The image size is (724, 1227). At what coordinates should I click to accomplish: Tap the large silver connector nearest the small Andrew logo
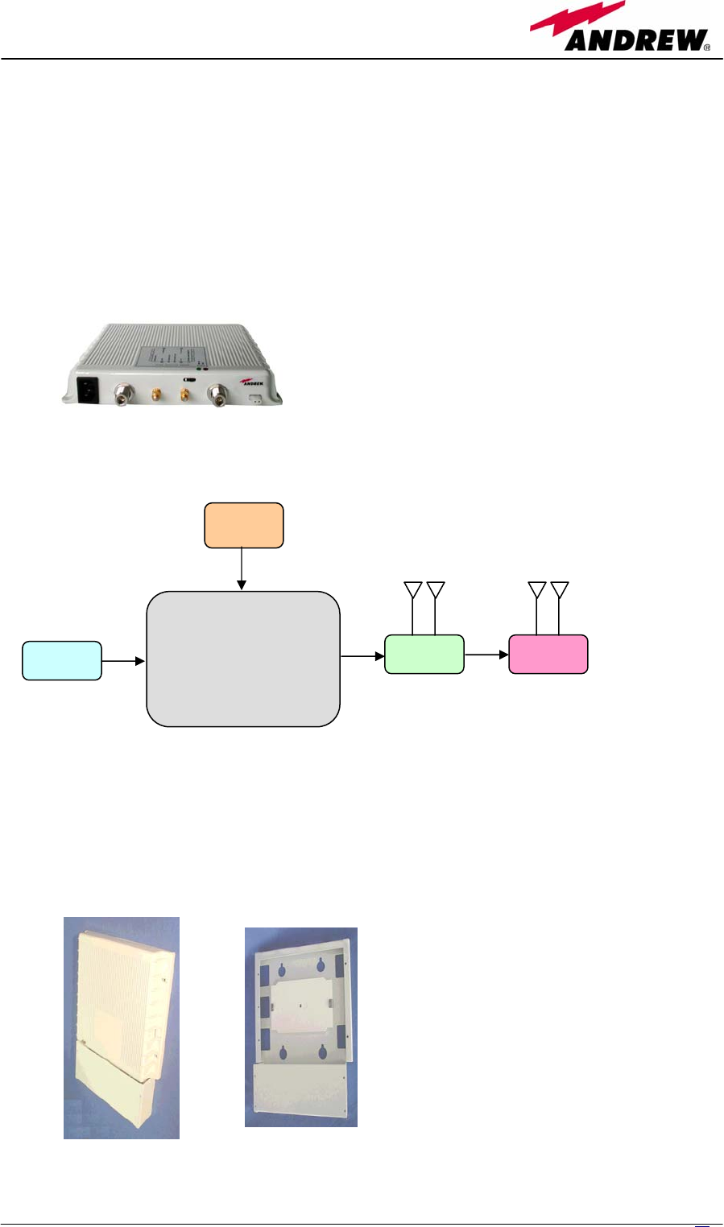tap(217, 395)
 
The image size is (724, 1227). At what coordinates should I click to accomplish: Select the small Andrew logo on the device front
tap(252, 382)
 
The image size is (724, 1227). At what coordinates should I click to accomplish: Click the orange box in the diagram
tap(244, 525)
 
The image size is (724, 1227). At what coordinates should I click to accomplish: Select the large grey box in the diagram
tap(243, 659)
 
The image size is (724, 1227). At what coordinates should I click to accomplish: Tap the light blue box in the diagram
tap(62, 661)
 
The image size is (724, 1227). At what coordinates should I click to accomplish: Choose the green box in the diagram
tap(424, 655)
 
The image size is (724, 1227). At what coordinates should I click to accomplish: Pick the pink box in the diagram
tap(548, 655)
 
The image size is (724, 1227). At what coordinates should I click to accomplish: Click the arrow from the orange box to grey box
tap(242, 569)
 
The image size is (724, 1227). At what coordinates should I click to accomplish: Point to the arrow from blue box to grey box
tap(123, 661)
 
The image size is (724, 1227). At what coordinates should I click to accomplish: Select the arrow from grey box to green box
tap(362, 655)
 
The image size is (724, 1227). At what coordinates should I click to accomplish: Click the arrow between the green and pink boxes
tap(486, 655)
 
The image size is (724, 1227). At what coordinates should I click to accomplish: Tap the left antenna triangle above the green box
tap(413, 589)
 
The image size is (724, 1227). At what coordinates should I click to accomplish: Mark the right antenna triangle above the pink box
tap(560, 589)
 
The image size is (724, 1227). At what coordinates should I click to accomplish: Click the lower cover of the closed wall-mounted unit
tap(121, 1091)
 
